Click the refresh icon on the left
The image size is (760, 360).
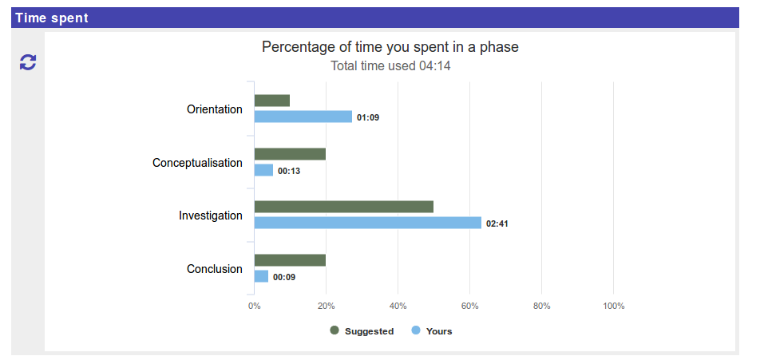click(28, 62)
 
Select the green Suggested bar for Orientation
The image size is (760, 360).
click(271, 101)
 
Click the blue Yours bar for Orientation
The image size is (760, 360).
click(303, 117)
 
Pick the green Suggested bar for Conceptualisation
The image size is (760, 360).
click(290, 154)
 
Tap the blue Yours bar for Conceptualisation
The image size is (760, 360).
click(263, 170)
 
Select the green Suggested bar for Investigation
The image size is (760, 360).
click(343, 207)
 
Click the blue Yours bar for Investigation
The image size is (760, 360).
click(367, 223)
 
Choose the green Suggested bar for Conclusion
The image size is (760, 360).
click(290, 260)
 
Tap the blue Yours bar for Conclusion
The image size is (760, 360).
click(261, 276)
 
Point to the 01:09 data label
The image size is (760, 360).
click(368, 117)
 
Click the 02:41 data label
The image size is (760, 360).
click(497, 224)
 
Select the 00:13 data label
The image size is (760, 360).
click(289, 171)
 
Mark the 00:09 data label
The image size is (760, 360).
click(284, 277)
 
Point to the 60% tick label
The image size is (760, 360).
click(469, 307)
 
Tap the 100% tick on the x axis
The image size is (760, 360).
click(613, 307)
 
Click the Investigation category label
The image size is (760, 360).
click(210, 216)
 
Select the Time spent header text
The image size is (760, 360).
click(51, 18)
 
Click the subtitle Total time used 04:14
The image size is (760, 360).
click(390, 65)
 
